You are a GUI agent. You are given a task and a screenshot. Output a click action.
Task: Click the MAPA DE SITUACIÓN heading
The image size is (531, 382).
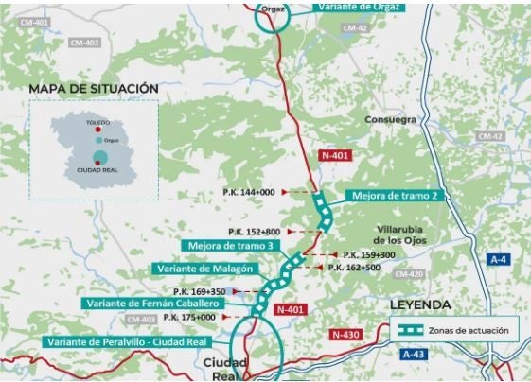click(x=93, y=88)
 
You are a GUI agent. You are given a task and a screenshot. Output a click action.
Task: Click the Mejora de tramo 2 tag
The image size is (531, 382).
click(x=394, y=196)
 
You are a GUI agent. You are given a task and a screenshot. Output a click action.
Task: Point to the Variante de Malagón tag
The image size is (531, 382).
click(x=202, y=269)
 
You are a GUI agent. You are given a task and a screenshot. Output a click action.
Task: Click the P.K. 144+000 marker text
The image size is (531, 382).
click(x=251, y=192)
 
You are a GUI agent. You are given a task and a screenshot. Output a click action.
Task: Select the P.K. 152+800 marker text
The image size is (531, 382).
click(x=255, y=232)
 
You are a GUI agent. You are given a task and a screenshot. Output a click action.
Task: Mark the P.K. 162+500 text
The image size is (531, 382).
click(x=356, y=268)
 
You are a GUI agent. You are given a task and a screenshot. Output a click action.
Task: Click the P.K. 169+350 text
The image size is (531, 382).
click(x=199, y=291)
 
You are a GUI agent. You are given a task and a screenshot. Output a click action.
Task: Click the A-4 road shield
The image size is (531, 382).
click(x=501, y=258)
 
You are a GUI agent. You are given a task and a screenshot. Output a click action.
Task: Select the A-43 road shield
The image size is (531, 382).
click(x=413, y=355)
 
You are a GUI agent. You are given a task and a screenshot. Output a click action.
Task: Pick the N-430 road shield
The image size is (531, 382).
click(x=347, y=335)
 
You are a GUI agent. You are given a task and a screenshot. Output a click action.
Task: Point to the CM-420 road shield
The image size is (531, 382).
click(x=407, y=274)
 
